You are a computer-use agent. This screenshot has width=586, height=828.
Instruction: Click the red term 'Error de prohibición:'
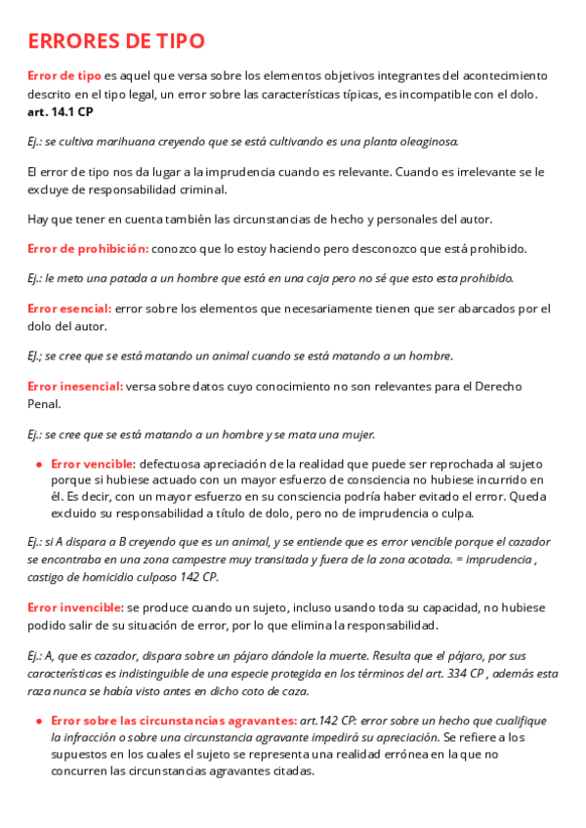pos(88,248)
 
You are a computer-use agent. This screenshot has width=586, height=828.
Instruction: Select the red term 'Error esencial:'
pos(69,309)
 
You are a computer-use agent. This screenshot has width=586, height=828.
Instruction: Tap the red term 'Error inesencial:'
pos(75,387)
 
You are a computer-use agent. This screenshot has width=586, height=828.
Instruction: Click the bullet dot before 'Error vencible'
pos(38,464)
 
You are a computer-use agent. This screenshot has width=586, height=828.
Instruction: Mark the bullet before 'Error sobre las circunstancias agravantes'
pos(38,722)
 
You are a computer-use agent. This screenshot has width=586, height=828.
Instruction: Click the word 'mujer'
pos(354,434)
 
